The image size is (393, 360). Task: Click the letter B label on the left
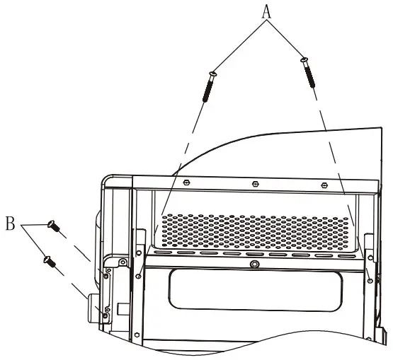point(11,226)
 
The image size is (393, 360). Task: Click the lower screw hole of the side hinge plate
point(106,309)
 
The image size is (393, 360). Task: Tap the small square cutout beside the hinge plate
point(121,308)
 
